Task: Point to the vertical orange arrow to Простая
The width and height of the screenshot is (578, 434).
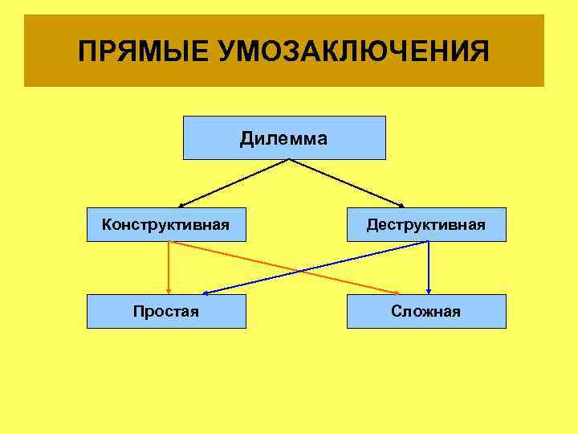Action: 168,268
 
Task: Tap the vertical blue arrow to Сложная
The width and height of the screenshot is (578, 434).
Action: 429,268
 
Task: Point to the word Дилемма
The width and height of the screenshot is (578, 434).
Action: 283,139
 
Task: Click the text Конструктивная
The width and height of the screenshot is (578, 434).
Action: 166,224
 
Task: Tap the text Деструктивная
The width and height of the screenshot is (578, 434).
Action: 425,224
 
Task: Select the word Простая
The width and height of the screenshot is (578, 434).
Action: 166,311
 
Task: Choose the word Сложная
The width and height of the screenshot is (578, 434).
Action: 426,311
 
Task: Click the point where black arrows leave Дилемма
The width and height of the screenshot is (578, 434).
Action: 289,160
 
